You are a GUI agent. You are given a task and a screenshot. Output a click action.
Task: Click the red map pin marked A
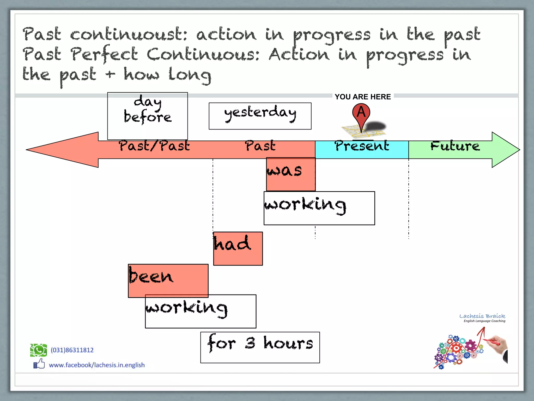(x=361, y=113)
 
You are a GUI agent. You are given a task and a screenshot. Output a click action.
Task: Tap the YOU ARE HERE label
(x=363, y=97)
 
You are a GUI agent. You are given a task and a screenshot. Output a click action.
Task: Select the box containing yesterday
(x=260, y=116)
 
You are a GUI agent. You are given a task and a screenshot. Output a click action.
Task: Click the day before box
(x=148, y=116)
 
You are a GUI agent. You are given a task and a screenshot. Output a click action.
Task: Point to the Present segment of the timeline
(x=362, y=149)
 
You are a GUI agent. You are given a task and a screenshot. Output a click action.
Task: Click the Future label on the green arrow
(x=455, y=146)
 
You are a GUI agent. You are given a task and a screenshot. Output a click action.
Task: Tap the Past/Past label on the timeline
(x=154, y=146)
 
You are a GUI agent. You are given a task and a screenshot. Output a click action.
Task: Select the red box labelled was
(x=291, y=174)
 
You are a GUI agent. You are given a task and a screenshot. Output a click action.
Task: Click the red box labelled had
(x=238, y=249)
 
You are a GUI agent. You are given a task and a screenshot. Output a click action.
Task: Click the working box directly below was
(x=319, y=208)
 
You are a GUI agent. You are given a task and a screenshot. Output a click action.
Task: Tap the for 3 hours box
(x=260, y=347)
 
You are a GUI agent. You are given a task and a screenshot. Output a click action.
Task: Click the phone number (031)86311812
(x=72, y=350)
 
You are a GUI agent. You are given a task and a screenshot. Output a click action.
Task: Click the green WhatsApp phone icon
(x=38, y=350)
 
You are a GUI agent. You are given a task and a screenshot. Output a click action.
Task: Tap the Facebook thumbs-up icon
(x=39, y=364)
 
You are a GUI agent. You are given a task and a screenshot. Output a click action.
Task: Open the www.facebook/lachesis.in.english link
(x=97, y=365)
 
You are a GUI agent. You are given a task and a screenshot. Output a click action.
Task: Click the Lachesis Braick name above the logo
(x=482, y=316)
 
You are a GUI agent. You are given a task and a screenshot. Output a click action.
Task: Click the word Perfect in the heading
(x=104, y=54)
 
